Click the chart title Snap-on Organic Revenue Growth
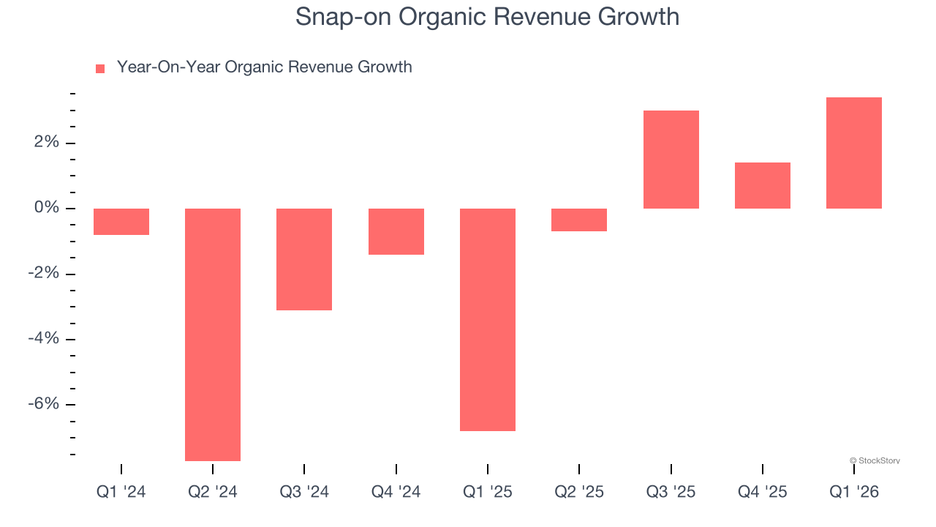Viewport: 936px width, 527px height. pos(487,17)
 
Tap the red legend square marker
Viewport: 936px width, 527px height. pos(100,68)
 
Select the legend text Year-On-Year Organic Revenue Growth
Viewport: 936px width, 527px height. pos(264,67)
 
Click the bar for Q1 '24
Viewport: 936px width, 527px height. pos(121,222)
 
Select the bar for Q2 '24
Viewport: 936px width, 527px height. pos(213,334)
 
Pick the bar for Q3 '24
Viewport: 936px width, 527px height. pos(304,259)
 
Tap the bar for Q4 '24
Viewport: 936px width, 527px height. pos(396,231)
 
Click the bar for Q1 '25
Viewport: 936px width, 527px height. pos(488,319)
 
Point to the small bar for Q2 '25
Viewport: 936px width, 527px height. pos(579,220)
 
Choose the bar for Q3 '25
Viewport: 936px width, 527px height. pos(671,160)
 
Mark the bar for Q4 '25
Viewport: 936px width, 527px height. pos(762,185)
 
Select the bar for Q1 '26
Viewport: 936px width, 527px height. pos(853,153)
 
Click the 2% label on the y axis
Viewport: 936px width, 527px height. pos(46,143)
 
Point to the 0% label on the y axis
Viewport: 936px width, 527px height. pos(46,209)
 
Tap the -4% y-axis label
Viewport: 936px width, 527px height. pos(43,340)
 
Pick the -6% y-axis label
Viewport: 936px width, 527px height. pos(43,405)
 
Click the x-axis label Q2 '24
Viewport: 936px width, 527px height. pos(213,493)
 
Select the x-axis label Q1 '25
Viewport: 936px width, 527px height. pos(488,493)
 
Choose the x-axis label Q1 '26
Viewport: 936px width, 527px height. pos(853,493)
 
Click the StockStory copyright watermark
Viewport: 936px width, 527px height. pos(875,461)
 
